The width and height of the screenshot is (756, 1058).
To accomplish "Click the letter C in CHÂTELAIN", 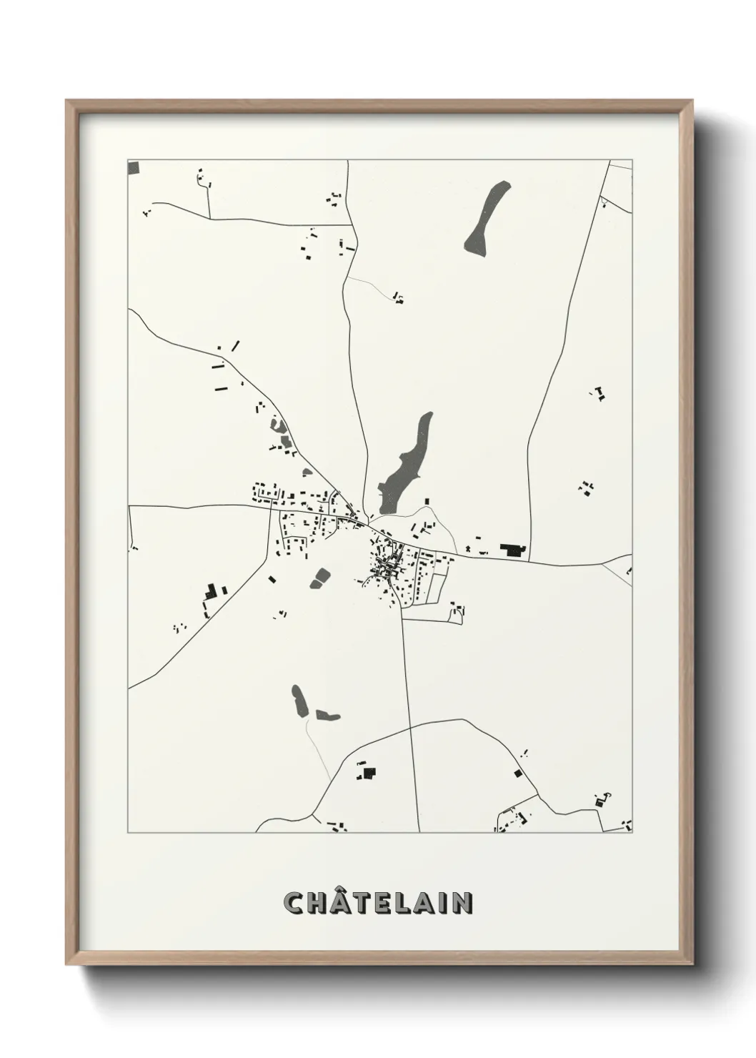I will tap(294, 903).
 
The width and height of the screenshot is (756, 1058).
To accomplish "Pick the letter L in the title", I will tap(407, 903).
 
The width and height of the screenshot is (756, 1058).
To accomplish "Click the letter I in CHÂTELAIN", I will tap(446, 903).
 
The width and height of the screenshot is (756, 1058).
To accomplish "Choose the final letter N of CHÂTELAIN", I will tap(463, 903).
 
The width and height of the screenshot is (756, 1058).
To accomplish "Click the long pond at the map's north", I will tap(487, 219).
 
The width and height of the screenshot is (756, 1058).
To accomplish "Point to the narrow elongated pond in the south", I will tap(299, 701).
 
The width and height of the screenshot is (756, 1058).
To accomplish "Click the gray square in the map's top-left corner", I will tap(132, 168).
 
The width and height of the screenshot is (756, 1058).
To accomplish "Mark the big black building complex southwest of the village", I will tap(210, 592).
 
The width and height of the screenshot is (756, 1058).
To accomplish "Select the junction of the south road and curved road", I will tap(409, 726).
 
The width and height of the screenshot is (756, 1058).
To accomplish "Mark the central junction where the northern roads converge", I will tap(367, 522).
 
